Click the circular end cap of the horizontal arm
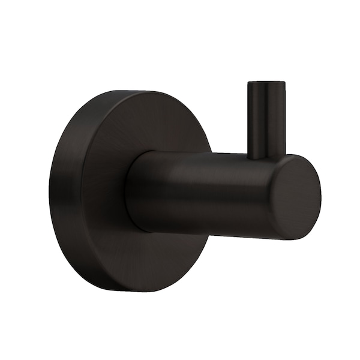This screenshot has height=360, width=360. (x=295, y=197)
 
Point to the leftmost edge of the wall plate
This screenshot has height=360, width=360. (x=50, y=192)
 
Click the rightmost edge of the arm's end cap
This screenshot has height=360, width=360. (x=320, y=196)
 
